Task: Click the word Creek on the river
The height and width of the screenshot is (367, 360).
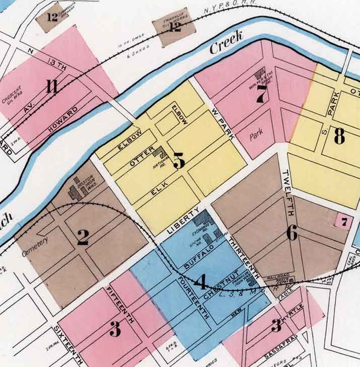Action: (227, 43)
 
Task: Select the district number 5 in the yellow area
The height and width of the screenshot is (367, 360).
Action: (179, 160)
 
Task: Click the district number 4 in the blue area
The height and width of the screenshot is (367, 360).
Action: (201, 282)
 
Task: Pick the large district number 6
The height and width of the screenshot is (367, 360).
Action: (293, 232)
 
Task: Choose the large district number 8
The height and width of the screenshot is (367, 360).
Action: (339, 135)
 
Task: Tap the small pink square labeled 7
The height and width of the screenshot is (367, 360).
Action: (344, 221)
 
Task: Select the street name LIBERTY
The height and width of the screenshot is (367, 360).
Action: (184, 221)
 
